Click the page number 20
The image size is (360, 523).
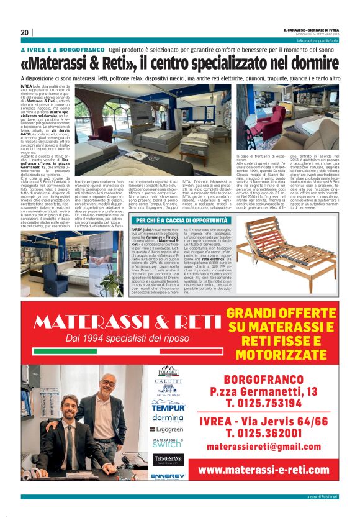(24, 32)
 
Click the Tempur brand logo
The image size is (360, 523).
(168, 408)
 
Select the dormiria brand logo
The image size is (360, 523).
(168, 419)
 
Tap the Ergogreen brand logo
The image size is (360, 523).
(168, 429)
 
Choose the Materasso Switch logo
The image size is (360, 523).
(168, 443)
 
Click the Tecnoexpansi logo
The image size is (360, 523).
(168, 458)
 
